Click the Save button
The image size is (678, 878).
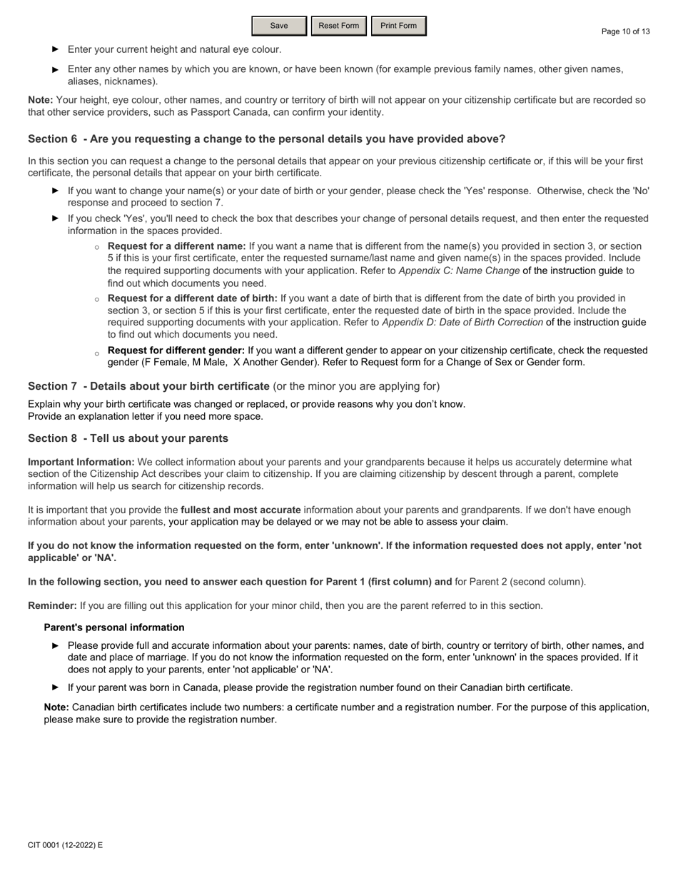click(279, 26)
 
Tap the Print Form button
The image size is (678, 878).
click(398, 26)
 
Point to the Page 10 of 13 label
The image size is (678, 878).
click(625, 31)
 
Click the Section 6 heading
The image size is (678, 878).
click(266, 138)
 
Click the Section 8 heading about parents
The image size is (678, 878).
click(128, 438)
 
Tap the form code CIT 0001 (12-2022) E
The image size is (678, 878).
click(65, 845)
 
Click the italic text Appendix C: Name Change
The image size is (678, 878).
click(459, 271)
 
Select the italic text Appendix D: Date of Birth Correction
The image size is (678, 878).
click(462, 322)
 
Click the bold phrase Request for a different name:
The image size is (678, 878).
click(176, 246)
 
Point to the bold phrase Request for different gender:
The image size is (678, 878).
click(176, 350)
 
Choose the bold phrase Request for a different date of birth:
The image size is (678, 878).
click(192, 298)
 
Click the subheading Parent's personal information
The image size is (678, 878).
click(114, 627)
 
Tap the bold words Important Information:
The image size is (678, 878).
click(81, 462)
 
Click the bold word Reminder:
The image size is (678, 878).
click(52, 605)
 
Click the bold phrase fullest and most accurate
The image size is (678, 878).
click(241, 510)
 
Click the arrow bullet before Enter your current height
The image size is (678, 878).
click(55, 49)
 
